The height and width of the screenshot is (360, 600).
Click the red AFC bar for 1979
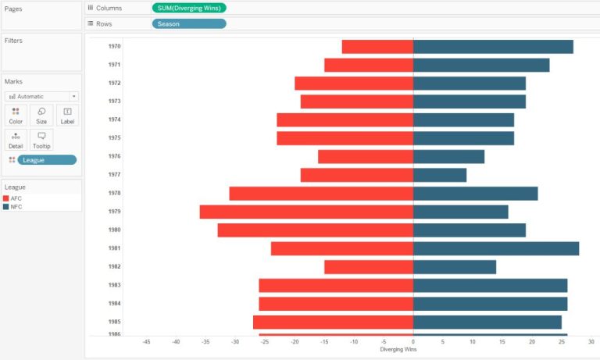(x=306, y=212)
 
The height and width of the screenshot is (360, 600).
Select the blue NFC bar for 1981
(x=496, y=248)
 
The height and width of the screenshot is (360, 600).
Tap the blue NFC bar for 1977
(x=440, y=175)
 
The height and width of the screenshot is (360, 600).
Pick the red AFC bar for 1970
(x=377, y=47)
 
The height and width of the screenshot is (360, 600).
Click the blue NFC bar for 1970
(x=493, y=47)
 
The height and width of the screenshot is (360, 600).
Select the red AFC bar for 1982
(x=369, y=267)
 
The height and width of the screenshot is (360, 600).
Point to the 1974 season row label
(x=114, y=119)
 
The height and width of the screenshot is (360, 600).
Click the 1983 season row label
(x=114, y=285)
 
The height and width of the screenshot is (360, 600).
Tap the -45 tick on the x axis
(x=147, y=341)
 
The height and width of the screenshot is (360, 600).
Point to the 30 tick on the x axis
(x=591, y=341)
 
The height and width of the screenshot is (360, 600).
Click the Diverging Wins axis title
(x=398, y=349)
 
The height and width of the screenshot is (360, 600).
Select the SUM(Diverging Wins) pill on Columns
(x=189, y=8)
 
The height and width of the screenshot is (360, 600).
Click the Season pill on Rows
(x=189, y=24)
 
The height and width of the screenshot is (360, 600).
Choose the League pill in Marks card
(x=47, y=160)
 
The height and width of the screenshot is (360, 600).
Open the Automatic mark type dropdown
(x=41, y=96)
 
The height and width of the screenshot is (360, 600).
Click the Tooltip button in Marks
(x=41, y=140)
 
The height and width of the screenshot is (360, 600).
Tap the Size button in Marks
(x=41, y=116)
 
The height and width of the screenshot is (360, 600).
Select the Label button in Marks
(x=67, y=116)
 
